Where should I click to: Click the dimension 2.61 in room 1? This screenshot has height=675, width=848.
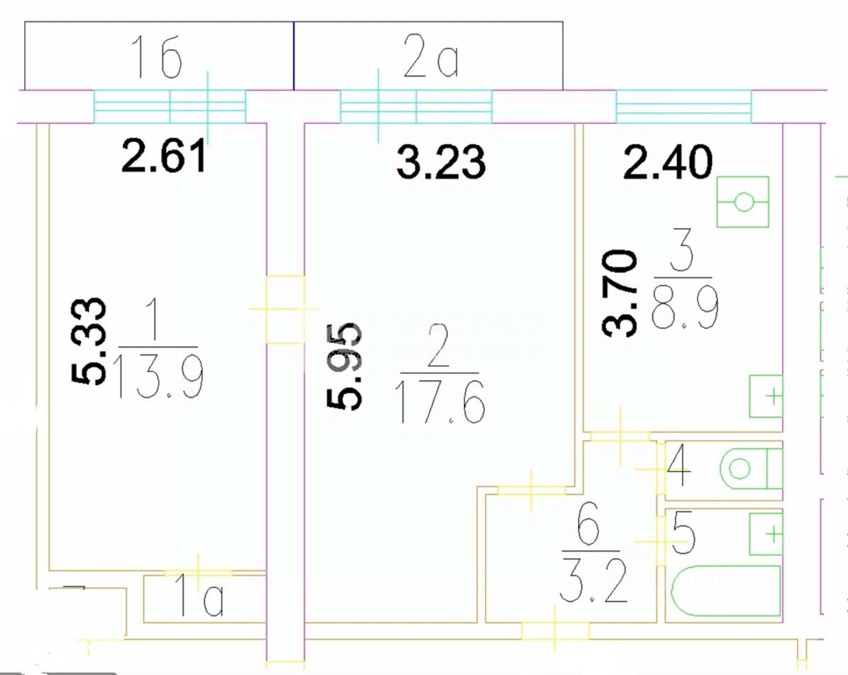(x=164, y=157)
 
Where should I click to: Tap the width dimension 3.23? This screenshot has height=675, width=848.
(x=441, y=162)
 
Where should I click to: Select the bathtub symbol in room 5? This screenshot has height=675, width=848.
(x=725, y=591)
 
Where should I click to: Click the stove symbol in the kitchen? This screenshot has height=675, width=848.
(x=742, y=202)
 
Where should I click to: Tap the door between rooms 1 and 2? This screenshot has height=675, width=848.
(x=285, y=309)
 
